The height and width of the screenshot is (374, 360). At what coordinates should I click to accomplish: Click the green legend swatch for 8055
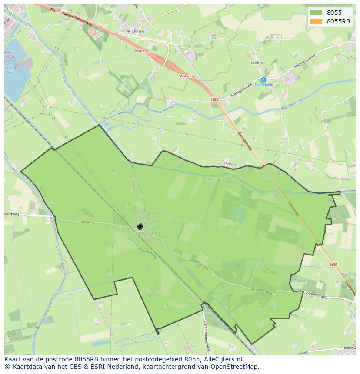tap(316, 13)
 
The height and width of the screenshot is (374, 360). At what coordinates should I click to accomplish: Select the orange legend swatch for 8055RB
tap(316, 21)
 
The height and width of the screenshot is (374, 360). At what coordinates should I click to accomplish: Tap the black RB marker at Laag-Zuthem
tap(140, 226)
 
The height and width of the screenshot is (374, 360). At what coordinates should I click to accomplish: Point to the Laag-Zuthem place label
tap(147, 233)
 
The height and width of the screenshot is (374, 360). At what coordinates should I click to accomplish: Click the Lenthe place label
tap(257, 63)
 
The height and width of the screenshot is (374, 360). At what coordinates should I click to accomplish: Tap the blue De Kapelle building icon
tap(263, 79)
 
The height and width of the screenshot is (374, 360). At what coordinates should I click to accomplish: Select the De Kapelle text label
tap(263, 85)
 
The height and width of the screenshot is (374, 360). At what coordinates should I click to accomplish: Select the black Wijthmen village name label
tap(135, 32)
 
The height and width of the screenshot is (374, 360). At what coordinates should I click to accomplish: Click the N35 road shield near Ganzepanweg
tap(215, 99)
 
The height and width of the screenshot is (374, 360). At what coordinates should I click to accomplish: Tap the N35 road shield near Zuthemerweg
tap(333, 264)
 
